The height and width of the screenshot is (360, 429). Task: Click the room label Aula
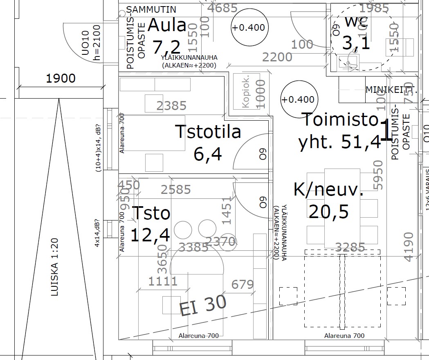click(x=166, y=25)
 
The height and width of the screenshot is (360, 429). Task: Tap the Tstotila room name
click(x=208, y=132)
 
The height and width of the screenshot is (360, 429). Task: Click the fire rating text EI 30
click(x=203, y=305)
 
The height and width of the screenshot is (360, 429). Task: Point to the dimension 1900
click(x=61, y=78)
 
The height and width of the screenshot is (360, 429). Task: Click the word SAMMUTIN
click(x=151, y=9)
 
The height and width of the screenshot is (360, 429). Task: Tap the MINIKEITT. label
click(x=391, y=90)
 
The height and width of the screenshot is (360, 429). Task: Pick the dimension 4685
click(x=222, y=8)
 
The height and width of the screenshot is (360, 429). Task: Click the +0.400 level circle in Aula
click(x=248, y=28)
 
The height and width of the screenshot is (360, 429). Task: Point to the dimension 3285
click(x=350, y=247)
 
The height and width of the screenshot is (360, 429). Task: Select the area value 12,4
click(x=150, y=235)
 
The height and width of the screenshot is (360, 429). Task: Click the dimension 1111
click(x=163, y=281)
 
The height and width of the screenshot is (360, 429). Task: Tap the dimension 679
click(x=243, y=284)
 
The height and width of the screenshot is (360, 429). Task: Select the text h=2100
click(x=97, y=43)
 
